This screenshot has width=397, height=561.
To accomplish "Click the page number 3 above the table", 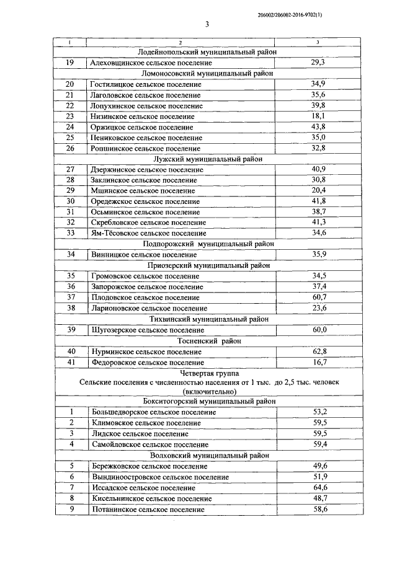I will (207, 25).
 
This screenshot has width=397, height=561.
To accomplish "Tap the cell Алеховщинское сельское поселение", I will (151, 63).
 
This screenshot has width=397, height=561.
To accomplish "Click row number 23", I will (69, 116).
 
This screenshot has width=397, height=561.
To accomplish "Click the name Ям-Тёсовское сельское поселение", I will (148, 233).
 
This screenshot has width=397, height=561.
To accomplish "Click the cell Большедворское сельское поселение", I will (153, 412).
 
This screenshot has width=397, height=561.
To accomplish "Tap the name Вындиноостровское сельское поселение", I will (159, 477).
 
